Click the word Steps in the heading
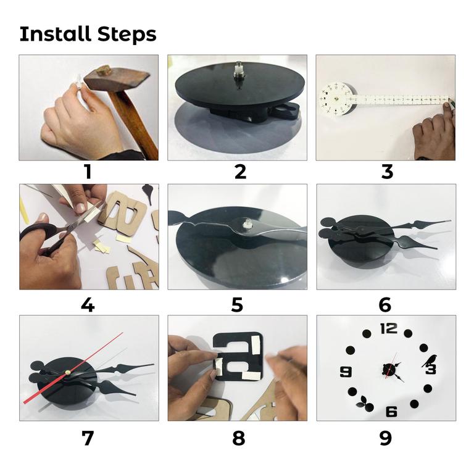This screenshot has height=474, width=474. [127, 34]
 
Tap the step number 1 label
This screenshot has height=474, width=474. [88, 172]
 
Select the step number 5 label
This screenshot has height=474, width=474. [237, 305]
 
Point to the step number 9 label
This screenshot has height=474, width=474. [385, 438]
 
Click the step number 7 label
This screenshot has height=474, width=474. [88, 438]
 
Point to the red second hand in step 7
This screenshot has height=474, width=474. [73, 368]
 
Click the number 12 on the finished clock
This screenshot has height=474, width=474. [389, 328]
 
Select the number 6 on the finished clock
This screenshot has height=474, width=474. [391, 412]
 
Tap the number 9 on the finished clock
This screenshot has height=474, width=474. [346, 372]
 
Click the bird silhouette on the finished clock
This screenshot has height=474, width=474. [430, 360]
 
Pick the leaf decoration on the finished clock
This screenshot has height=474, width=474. [362, 403]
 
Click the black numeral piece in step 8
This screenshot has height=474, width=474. [238, 357]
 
